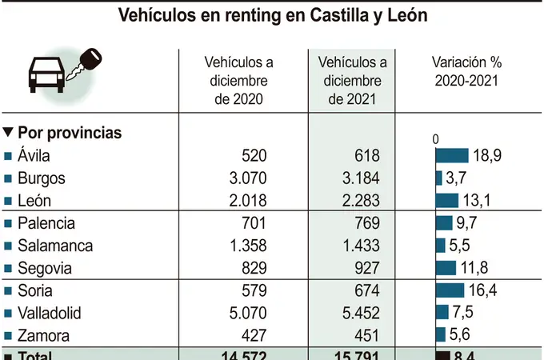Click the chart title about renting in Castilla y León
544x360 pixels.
(x=272, y=15)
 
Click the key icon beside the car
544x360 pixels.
(x=86, y=63)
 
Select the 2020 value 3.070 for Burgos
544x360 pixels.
(x=245, y=178)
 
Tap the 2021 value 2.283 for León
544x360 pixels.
(x=358, y=201)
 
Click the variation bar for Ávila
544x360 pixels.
(x=452, y=156)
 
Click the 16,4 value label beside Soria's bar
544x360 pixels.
(x=482, y=290)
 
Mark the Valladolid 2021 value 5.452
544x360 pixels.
(x=358, y=313)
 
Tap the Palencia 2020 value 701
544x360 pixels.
(x=253, y=223)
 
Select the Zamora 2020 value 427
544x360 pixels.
(x=253, y=335)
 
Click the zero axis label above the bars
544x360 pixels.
(x=436, y=139)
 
